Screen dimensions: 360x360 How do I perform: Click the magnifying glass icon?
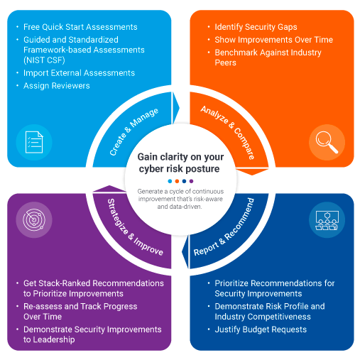[327, 142]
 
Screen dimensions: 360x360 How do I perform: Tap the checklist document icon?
[34, 142]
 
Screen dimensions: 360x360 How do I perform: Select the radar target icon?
[34, 219]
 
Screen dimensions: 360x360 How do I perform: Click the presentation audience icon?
[327, 220]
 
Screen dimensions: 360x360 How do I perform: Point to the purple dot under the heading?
[191, 181]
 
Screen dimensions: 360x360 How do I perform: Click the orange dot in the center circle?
[177, 181]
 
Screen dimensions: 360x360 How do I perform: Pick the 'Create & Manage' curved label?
[133, 131]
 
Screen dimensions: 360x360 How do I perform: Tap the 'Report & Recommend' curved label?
[224, 227]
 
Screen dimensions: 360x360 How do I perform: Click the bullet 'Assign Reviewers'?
[57, 86]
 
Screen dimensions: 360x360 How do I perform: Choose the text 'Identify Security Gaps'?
[256, 27]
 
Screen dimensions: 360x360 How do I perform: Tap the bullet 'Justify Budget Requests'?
[261, 329]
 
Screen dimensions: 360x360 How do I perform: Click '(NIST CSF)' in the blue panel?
[44, 60]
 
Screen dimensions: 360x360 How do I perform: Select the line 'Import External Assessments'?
[79, 73]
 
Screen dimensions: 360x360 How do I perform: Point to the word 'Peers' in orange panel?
[225, 62]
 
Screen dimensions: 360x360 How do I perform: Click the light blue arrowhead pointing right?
[176, 108]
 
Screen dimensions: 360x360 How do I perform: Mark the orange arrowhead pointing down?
[252, 172]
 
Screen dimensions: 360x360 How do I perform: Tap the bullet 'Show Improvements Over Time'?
[274, 40]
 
